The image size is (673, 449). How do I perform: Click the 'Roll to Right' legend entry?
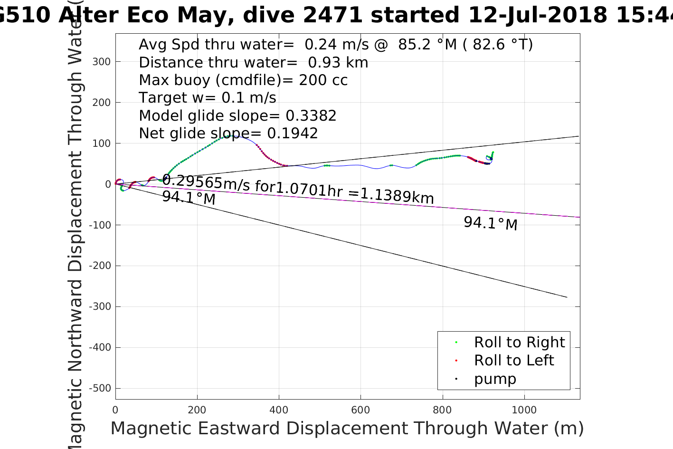click(x=519, y=342)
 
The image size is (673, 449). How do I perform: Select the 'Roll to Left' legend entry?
click(x=513, y=360)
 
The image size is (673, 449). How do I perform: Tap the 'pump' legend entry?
click(x=495, y=379)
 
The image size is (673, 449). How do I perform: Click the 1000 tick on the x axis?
click(x=524, y=410)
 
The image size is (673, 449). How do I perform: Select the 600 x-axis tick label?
click(x=360, y=410)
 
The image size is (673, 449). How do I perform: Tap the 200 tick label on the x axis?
click(x=197, y=410)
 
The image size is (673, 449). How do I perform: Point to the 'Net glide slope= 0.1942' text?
click(x=228, y=134)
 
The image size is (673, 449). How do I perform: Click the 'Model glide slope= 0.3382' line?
click(x=237, y=116)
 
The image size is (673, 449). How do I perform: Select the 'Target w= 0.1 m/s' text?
click(x=207, y=98)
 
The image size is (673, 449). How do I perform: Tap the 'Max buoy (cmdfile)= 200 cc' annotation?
click(x=243, y=80)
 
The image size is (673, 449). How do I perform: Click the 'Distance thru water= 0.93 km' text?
click(x=253, y=62)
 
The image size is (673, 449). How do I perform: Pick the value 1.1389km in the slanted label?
click(x=397, y=195)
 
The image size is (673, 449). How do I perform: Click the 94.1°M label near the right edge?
click(x=490, y=223)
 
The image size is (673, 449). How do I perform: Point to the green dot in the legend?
click(x=456, y=342)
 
